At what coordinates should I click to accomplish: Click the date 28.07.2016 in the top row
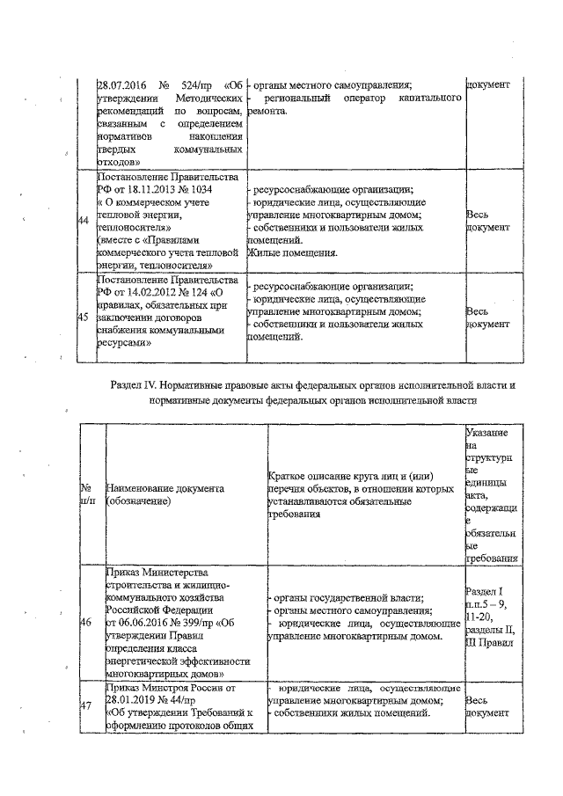(122, 85)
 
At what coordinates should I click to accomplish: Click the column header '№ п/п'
(87, 493)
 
